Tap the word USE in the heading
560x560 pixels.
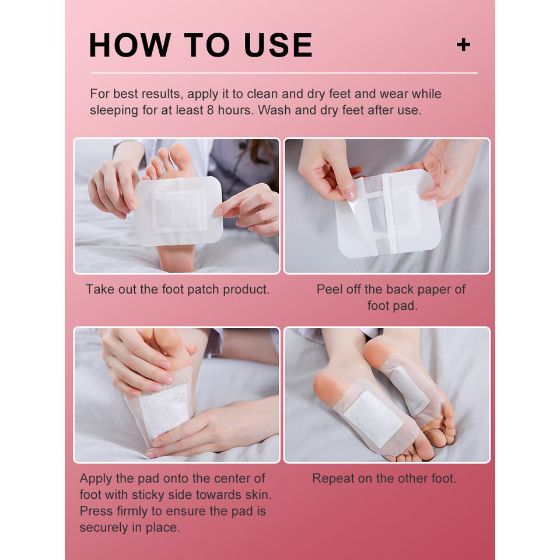coord(278,45)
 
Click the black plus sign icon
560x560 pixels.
coord(464,45)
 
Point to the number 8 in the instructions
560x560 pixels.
coord(211,110)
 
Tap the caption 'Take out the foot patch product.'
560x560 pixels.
coord(177,289)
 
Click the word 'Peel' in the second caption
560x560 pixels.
coord(328,289)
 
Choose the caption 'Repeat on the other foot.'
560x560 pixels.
coord(384,478)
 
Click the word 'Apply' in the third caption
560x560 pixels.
coord(96,479)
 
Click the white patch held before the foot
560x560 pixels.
coord(179,211)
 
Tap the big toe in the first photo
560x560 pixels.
coord(181,159)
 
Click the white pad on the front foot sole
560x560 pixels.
coord(373,418)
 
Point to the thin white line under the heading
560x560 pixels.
coord(284,73)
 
